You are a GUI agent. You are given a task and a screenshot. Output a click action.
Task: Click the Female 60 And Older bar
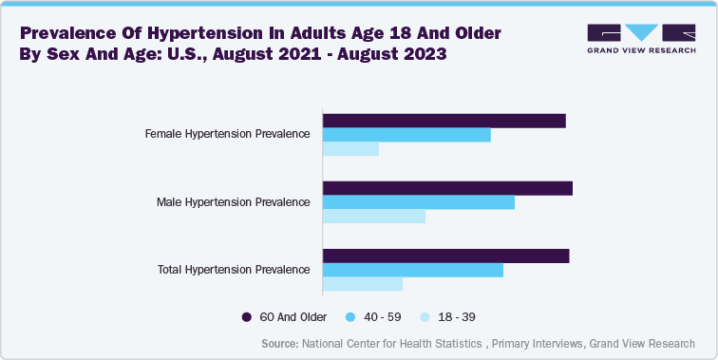(x=444, y=121)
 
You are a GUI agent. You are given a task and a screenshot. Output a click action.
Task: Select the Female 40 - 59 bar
(x=407, y=135)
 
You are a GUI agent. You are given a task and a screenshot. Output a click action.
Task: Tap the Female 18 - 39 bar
(x=351, y=149)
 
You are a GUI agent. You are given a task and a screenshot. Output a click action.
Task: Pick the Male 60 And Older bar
(x=448, y=188)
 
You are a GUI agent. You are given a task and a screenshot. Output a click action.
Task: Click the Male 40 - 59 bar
(x=419, y=202)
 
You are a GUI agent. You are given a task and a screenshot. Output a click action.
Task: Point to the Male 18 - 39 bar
(x=374, y=217)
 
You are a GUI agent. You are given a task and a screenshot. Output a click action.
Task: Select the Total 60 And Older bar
(x=446, y=256)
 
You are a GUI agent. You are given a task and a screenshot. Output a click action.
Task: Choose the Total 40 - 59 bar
(x=413, y=270)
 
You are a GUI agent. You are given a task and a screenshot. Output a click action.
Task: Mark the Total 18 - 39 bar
(x=364, y=284)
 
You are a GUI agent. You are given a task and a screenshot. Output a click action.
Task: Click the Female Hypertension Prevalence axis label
(x=227, y=134)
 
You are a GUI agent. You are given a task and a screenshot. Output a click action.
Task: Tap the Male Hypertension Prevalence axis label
(x=233, y=202)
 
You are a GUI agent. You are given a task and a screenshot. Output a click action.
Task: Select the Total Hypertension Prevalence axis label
(x=233, y=270)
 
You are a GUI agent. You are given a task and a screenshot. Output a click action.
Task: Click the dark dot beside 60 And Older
(x=246, y=316)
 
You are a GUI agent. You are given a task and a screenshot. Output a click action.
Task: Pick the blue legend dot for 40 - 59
(x=350, y=316)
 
